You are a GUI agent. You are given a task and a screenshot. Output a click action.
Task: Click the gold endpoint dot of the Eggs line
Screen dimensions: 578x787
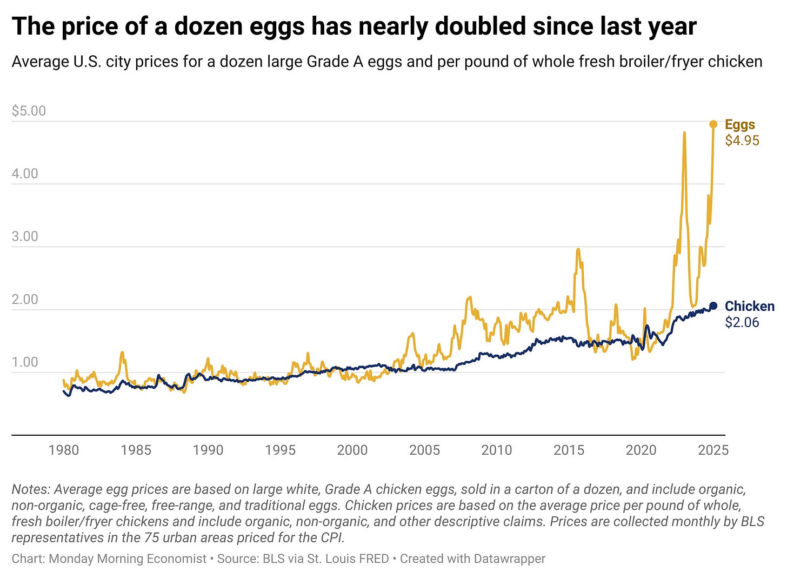tap(713, 124)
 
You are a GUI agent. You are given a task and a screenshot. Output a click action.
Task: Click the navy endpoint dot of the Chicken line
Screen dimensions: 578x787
tap(713, 306)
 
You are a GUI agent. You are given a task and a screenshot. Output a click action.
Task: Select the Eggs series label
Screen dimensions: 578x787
tap(739, 124)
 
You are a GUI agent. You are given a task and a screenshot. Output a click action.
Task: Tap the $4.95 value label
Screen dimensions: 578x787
tap(742, 141)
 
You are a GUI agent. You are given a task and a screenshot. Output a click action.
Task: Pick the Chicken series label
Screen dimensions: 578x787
tap(749, 306)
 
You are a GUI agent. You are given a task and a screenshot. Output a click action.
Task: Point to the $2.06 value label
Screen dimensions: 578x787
tap(742, 322)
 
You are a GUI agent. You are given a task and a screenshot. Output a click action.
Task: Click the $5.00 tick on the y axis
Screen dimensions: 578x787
tap(29, 111)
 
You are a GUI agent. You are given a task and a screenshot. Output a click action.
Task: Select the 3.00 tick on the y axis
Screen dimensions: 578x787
tap(25, 237)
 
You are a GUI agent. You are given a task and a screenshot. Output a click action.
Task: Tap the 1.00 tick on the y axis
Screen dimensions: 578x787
tap(25, 362)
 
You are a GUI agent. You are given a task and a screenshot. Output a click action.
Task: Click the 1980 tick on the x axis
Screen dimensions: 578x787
tap(63, 450)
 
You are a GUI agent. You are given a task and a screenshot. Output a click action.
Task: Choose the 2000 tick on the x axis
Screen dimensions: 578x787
tap(352, 450)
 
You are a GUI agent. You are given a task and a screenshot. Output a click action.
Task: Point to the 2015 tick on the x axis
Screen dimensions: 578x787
tap(569, 450)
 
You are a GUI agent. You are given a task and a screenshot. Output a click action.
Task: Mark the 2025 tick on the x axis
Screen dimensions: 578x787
tap(713, 450)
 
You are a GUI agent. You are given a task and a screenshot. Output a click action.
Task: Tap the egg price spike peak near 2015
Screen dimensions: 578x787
tap(578, 249)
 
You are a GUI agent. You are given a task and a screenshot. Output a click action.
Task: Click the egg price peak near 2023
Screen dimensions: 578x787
tap(684, 132)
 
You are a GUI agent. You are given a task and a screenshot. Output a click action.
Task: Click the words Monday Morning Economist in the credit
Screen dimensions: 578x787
tap(128, 559)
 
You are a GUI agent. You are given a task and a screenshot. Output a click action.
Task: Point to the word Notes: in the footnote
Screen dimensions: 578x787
tap(31, 489)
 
